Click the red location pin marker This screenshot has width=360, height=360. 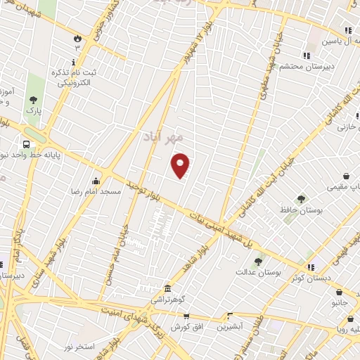click(181, 165)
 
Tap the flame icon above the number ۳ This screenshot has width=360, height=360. click(77, 37)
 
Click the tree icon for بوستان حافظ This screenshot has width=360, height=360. click(301, 199)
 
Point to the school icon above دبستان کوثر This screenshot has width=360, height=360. click(307, 267)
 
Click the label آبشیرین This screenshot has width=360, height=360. click(229, 327)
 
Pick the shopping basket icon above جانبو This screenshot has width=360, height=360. click(341, 292)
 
